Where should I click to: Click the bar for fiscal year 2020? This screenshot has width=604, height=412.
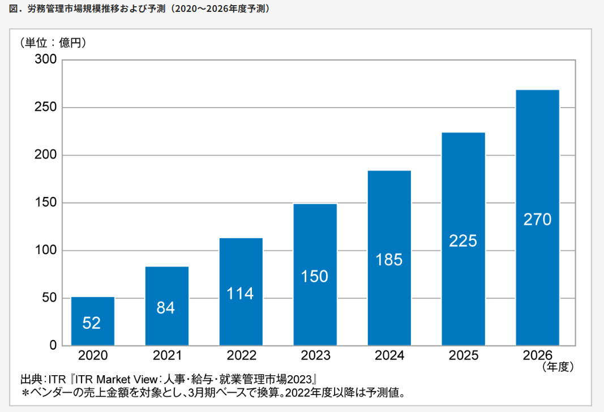click(x=92, y=321)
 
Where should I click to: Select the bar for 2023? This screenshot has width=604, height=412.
click(x=315, y=274)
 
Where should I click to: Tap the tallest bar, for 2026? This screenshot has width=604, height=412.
click(x=537, y=217)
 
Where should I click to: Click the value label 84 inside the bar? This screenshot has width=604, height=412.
click(x=166, y=308)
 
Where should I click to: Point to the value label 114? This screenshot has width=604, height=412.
click(x=241, y=294)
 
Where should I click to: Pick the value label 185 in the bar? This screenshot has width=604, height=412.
click(x=389, y=260)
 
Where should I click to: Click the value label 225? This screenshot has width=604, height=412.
click(x=463, y=241)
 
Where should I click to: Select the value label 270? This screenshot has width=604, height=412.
click(x=537, y=220)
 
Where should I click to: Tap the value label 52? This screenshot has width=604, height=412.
click(x=92, y=323)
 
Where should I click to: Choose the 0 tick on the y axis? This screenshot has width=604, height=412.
click(x=53, y=345)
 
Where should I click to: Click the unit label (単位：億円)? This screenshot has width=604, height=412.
click(x=54, y=42)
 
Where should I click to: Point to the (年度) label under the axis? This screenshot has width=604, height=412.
click(x=558, y=368)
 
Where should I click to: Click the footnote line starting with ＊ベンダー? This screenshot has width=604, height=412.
click(x=212, y=392)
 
